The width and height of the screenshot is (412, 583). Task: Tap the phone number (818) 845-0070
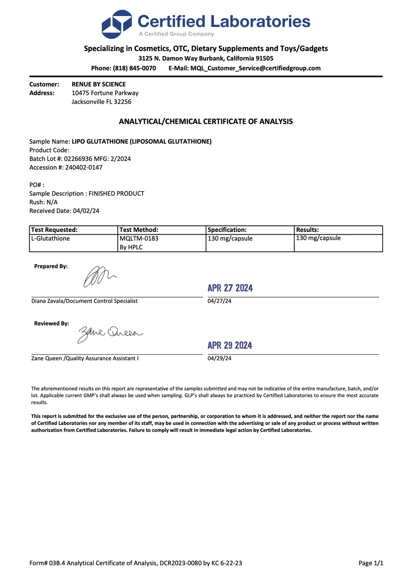click(134, 68)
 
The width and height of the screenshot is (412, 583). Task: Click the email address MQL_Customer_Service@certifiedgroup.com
click(255, 68)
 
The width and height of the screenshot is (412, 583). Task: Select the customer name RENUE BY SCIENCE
click(99, 84)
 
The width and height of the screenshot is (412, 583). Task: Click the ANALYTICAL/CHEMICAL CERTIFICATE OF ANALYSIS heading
click(206, 121)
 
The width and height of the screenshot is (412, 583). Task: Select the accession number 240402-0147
click(84, 167)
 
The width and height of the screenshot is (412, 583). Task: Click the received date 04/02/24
click(86, 211)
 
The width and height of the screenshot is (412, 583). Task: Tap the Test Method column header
click(139, 230)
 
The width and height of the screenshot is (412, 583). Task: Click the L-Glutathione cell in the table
click(50, 238)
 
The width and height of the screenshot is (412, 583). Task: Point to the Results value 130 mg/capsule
click(318, 238)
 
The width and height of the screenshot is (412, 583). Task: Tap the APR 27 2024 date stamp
click(230, 288)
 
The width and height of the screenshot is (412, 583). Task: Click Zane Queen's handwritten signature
click(109, 333)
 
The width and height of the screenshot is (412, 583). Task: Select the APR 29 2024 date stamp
click(230, 345)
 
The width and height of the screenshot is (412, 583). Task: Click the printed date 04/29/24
click(219, 358)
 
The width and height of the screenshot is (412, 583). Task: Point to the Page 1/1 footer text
click(371, 563)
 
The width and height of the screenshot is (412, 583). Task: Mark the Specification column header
click(227, 230)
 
